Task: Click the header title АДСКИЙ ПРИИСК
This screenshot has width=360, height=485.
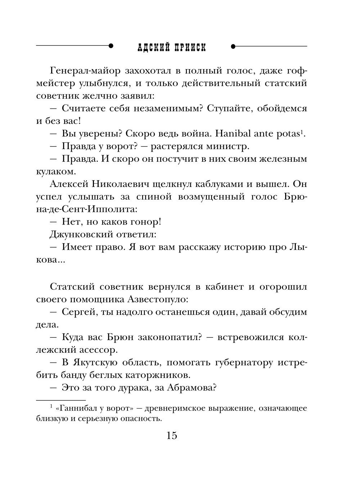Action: pos(172,47)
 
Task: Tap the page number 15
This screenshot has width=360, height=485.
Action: pos(172,436)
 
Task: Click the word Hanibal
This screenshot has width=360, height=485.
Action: pos(233,134)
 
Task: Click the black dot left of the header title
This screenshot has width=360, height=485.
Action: pos(111,46)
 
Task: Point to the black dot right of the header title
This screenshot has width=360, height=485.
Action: pos(233,46)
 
